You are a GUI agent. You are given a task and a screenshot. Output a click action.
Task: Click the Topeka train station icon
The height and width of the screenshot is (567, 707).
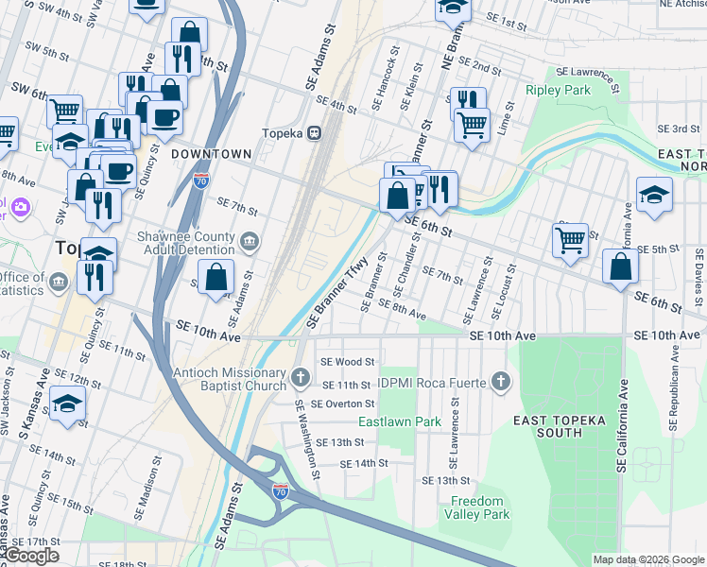click(313, 133)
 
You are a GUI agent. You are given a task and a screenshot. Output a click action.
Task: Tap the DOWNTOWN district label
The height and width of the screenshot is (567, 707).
click(212, 154)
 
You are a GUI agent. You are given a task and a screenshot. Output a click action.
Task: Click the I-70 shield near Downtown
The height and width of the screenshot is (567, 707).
click(200, 180)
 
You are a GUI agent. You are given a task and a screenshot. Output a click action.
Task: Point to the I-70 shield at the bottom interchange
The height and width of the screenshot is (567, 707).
click(281, 491)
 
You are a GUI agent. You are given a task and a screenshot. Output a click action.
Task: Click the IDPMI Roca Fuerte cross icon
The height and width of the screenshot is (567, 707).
click(502, 382)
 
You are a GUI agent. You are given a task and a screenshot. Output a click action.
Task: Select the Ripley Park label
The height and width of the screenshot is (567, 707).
click(559, 91)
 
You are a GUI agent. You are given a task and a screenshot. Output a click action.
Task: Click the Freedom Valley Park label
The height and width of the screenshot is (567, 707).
click(479, 507)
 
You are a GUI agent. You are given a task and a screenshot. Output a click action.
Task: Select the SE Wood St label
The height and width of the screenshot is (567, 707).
click(348, 361)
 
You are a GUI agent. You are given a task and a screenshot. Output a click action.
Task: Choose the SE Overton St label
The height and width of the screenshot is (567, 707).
click(344, 404)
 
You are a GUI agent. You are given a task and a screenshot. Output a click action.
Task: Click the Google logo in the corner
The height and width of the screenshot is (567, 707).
click(31, 556)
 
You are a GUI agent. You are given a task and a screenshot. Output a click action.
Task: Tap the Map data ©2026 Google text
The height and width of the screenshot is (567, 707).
click(647, 559)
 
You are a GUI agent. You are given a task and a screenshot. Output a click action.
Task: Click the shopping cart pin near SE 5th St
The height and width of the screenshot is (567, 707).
click(570, 239)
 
